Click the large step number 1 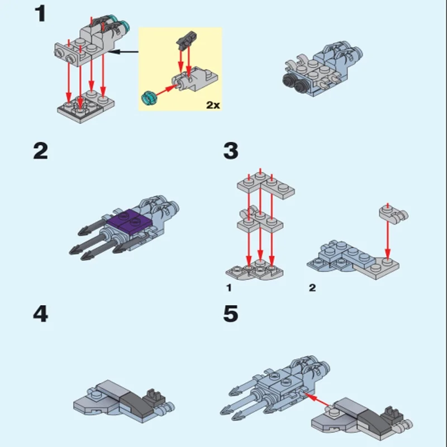click(40, 14)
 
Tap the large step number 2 click(40, 151)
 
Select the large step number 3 click(231, 151)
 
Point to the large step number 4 click(40, 314)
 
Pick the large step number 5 click(231, 314)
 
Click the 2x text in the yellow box click(213, 105)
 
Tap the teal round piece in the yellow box click(149, 98)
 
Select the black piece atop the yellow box click(187, 40)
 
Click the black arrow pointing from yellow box click(123, 51)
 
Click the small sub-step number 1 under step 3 click(229, 288)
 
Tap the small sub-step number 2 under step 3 click(312, 288)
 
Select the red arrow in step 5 click(317, 399)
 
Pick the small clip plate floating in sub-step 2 click(393, 215)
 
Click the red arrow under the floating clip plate click(387, 240)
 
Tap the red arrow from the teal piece click(165, 90)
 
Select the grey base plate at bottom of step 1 click(86, 107)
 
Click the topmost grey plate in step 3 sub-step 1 click(266, 186)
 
